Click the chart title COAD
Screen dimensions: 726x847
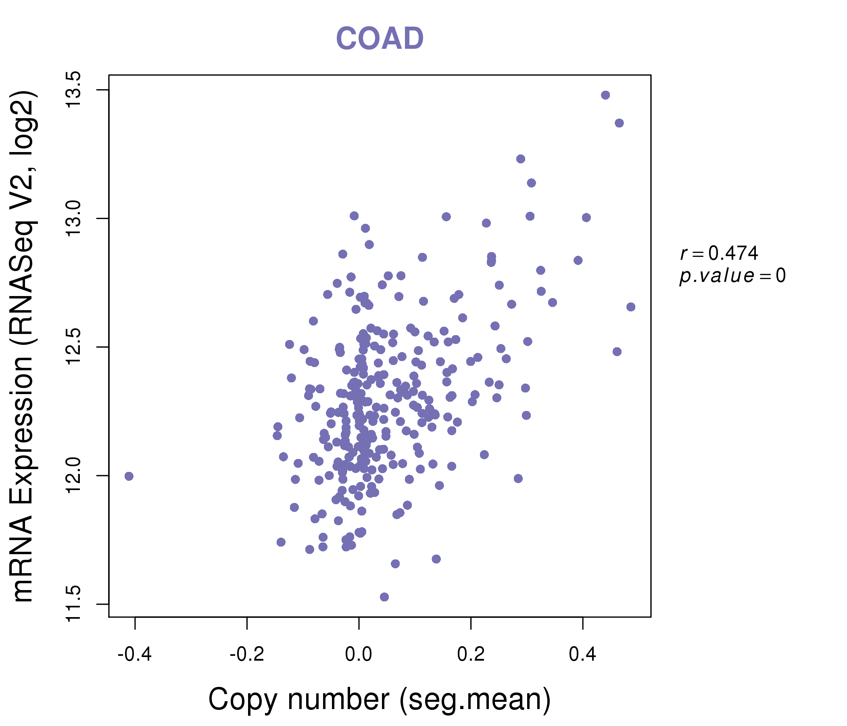[380, 39]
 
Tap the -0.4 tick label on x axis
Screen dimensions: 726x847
[134, 655]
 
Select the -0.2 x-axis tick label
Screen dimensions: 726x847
[246, 655]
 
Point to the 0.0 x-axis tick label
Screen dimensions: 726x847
[359, 655]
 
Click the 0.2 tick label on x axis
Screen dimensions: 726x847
[471, 655]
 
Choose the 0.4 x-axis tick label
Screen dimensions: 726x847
[582, 655]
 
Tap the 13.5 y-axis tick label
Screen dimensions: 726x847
[74, 90]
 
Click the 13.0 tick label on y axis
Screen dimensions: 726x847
[74, 218]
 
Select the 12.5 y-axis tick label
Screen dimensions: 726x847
[74, 347]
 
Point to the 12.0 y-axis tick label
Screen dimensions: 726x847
[74, 476]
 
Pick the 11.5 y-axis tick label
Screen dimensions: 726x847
[74, 604]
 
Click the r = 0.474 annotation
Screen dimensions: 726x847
[719, 253]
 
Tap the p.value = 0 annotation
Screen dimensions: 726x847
[732, 276]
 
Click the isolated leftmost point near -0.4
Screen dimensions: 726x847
[129, 476]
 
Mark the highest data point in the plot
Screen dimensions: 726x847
[605, 95]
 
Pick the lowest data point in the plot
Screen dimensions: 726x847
[384, 597]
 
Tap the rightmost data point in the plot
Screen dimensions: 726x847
[631, 307]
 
